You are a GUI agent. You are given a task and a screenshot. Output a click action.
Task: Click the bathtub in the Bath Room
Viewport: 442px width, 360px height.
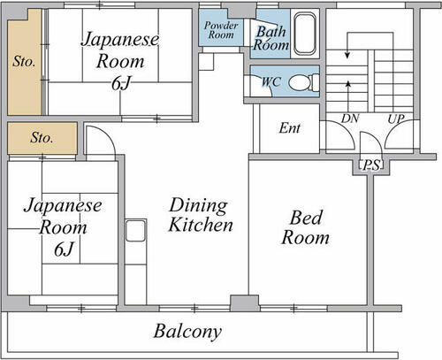[305, 34]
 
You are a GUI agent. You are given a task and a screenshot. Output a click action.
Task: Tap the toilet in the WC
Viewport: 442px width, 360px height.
[303, 82]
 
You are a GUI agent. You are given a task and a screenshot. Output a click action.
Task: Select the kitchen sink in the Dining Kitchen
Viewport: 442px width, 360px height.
[135, 231]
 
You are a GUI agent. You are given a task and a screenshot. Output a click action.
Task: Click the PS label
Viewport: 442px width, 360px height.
[371, 165]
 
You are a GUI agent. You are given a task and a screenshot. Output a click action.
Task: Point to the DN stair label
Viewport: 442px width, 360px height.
[350, 119]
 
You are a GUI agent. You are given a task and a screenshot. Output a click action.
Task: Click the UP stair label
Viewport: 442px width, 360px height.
[396, 119]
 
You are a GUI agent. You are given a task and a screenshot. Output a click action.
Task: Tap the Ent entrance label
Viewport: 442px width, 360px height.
[289, 128]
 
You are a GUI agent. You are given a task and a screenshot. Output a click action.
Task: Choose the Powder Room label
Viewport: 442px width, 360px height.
[221, 30]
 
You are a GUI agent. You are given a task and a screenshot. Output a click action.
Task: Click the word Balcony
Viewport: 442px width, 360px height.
[187, 332]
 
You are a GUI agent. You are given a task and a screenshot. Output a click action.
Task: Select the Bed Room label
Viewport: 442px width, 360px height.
[306, 227]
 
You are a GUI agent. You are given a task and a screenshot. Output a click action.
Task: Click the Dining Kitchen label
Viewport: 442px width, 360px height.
[201, 215]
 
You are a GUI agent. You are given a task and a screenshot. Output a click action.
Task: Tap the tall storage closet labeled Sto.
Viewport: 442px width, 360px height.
[25, 62]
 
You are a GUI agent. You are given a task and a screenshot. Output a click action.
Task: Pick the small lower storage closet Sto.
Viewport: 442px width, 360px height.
[42, 138]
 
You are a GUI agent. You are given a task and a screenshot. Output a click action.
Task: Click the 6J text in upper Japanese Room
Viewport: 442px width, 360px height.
[120, 84]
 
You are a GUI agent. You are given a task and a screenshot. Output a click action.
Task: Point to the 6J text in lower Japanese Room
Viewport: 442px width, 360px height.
[64, 249]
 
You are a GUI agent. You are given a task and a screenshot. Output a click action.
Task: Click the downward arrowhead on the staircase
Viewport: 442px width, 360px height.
[347, 55]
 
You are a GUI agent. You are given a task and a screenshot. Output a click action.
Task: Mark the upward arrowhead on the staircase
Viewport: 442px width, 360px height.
[348, 84]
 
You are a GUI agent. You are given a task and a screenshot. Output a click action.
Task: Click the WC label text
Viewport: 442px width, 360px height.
[271, 81]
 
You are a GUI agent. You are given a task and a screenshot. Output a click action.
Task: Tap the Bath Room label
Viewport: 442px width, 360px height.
[271, 38]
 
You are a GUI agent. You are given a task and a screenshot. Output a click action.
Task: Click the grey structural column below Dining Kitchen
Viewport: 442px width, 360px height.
[245, 303]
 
